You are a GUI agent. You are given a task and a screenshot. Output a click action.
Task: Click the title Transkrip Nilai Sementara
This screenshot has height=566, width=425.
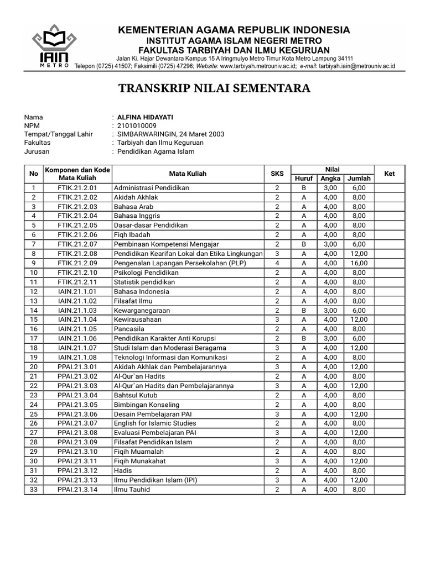(215, 88)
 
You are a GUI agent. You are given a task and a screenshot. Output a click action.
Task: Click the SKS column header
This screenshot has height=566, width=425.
(277, 174)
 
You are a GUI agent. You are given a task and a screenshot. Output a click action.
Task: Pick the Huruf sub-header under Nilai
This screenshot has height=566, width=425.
(304, 179)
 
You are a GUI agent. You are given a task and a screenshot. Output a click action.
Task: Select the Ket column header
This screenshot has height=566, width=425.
(390, 174)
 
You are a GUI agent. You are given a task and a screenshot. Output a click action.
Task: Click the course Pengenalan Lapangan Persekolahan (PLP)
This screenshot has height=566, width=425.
(172, 263)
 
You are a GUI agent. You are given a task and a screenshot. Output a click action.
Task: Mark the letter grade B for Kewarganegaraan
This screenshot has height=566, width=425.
(304, 311)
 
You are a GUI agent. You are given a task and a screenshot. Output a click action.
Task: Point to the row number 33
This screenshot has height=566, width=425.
(34, 489)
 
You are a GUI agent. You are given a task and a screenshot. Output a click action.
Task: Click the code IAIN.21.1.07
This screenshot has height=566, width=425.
(77, 348)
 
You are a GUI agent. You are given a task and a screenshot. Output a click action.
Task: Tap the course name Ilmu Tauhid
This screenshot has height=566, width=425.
(132, 489)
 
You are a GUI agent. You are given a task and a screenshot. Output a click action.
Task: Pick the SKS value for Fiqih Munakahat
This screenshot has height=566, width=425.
(277, 461)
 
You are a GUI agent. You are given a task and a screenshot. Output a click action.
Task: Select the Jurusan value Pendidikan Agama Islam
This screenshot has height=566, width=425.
(156, 151)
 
